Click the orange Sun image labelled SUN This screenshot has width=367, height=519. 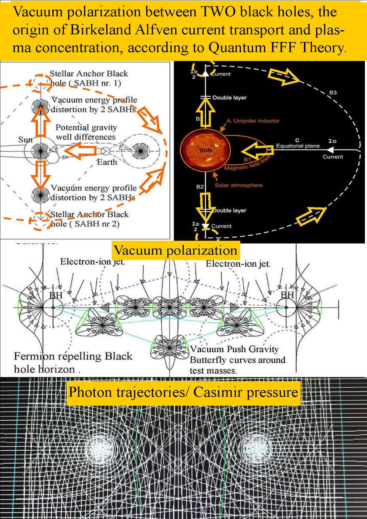(x=205, y=150)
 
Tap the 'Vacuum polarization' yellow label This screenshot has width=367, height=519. (x=176, y=250)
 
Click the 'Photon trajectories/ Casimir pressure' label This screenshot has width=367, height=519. (x=183, y=392)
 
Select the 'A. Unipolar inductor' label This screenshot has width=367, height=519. (x=253, y=121)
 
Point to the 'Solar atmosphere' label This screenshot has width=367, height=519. (x=239, y=185)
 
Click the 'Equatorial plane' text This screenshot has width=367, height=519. (x=298, y=146)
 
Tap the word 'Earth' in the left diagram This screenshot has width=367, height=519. (x=107, y=162)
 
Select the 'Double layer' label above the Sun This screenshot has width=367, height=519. (x=229, y=97)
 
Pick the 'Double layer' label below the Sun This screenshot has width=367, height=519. (x=229, y=210)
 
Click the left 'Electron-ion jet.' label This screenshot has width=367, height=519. (x=93, y=262)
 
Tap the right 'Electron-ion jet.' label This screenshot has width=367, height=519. (x=238, y=263)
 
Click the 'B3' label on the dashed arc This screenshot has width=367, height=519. (x=333, y=93)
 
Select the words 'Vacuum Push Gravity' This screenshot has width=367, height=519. (x=234, y=349)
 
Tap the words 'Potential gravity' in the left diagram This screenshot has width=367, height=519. (x=86, y=128)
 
